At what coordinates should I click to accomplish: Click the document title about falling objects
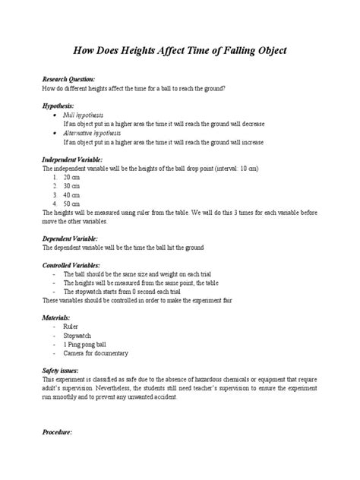[180, 51]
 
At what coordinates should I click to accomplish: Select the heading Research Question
[68, 79]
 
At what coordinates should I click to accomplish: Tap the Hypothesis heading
[59, 107]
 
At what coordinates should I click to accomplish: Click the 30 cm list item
[71, 187]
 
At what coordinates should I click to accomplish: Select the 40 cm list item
[71, 196]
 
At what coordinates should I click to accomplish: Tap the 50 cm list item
[71, 205]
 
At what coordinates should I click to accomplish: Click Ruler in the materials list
[71, 327]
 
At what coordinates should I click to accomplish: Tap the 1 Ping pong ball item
[84, 345]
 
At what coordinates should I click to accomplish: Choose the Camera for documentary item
[95, 354]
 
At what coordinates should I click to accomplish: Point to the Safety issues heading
[63, 371]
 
